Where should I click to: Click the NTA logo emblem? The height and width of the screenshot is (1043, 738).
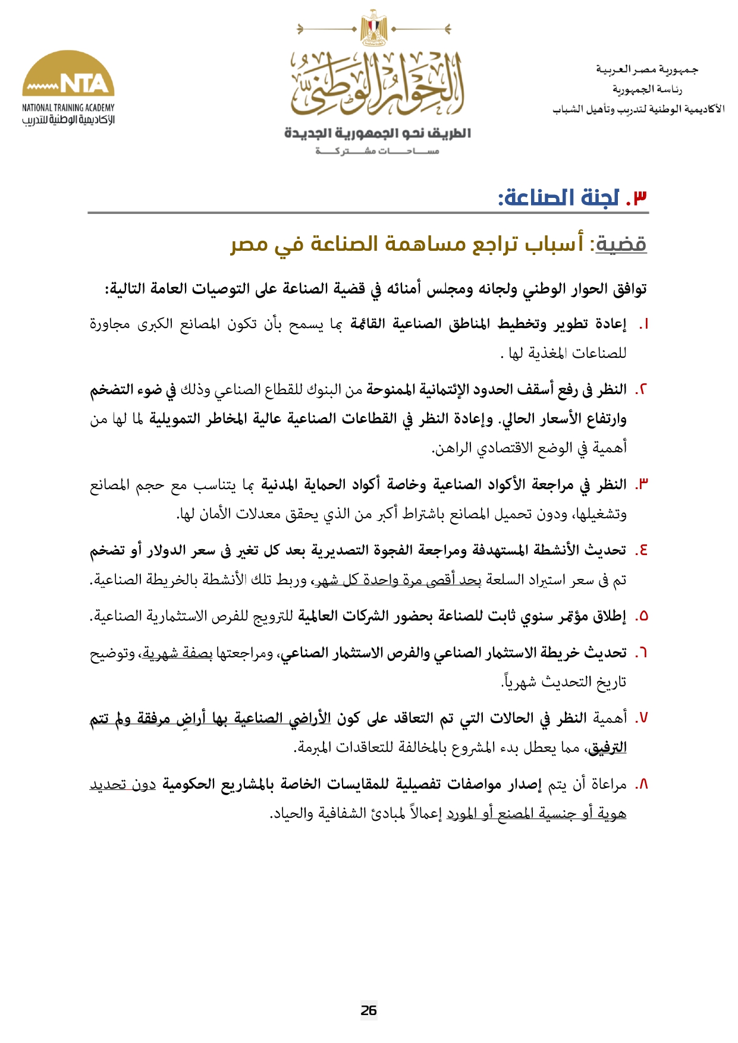pos(68,74)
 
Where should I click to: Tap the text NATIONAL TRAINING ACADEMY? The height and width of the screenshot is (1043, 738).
pos(68,108)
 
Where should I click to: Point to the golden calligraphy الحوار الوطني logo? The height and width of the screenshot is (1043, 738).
pos(377,83)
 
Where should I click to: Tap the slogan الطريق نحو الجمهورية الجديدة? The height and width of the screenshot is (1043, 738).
pos(377,133)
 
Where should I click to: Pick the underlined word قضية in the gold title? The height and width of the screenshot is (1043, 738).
pos(621,244)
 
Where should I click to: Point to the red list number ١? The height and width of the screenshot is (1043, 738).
pos(643,324)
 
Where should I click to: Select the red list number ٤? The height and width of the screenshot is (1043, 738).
pos(641,550)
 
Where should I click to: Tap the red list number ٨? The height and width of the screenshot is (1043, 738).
pos(641,785)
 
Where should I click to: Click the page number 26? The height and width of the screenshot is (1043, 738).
pos(369,1010)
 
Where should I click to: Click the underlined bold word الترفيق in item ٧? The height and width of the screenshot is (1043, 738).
pos(607,748)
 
